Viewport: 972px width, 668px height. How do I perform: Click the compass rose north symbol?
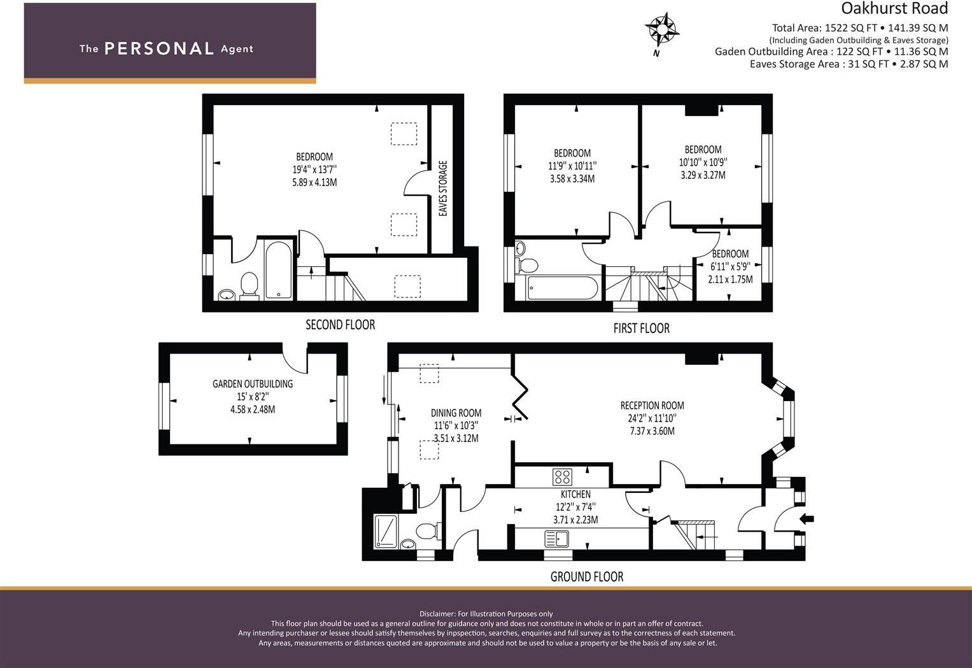[662, 29]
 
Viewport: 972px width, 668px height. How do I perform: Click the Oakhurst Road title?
[894, 8]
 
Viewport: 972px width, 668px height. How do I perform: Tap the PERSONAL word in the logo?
[159, 48]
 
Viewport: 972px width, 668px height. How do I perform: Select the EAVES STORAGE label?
[444, 188]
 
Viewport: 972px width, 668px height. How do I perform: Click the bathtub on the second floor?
[279, 269]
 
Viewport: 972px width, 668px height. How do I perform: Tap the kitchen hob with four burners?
[562, 476]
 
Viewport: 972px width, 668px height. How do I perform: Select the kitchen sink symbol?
[556, 539]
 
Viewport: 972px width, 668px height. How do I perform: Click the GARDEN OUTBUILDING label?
[253, 384]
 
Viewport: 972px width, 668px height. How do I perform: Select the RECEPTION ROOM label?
[652, 406]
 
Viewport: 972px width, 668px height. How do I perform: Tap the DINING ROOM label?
[456, 413]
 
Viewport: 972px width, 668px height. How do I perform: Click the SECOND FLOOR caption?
[340, 325]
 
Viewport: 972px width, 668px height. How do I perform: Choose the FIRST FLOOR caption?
[641, 329]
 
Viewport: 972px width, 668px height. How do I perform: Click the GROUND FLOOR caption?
[586, 577]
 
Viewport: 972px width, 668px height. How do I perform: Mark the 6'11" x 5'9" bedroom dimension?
[730, 266]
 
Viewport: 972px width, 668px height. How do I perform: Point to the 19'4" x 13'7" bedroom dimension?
[314, 169]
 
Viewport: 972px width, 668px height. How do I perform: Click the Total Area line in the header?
[859, 27]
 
